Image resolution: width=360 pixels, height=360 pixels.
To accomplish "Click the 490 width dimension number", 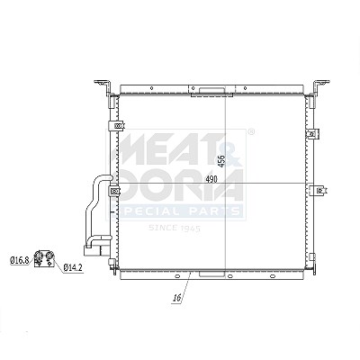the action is [211, 179].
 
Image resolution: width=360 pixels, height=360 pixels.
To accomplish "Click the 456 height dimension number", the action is [221, 161].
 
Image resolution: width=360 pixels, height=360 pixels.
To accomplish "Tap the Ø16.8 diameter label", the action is [20, 260].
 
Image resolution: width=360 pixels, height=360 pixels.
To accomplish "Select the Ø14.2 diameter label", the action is [73, 267].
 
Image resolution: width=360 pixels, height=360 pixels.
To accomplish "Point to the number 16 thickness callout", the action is [177, 298].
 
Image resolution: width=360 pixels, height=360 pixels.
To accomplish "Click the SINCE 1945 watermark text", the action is [175, 229].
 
